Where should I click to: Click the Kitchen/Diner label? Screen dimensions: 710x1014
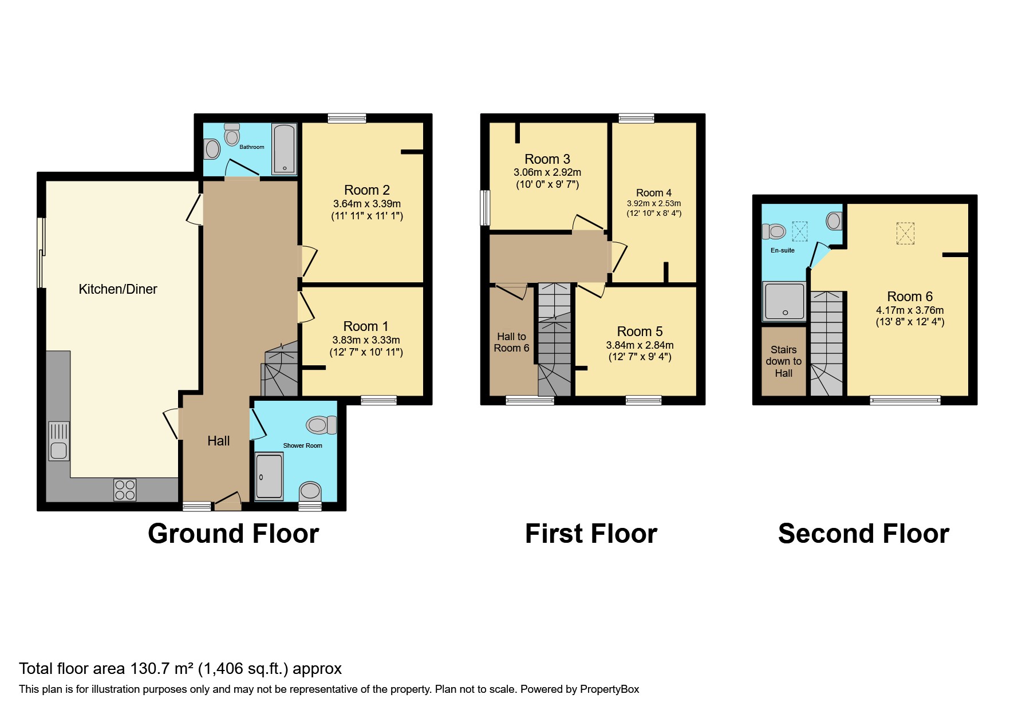[x=117, y=289]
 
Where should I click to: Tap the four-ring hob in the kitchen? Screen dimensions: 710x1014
[x=125, y=490]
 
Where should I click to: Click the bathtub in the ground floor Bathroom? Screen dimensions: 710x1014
[x=284, y=149]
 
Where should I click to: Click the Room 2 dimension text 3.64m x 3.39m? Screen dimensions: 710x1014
[x=366, y=204]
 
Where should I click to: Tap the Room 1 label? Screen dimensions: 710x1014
[x=365, y=326]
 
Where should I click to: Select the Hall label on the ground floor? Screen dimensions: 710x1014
[x=218, y=441]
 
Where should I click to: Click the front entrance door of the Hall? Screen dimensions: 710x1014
[x=228, y=502]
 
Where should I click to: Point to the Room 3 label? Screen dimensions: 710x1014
[x=547, y=159]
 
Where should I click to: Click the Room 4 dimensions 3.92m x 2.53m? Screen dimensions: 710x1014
[x=653, y=203]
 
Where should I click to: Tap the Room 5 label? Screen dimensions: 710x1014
[x=640, y=332]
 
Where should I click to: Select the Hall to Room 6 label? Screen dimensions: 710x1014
[x=511, y=342]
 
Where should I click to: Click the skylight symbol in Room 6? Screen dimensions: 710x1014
[x=905, y=234]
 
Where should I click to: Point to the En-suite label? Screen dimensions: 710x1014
[x=782, y=250]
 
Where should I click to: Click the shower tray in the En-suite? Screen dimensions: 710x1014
[x=784, y=301]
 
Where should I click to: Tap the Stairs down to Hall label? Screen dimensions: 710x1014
[x=783, y=361]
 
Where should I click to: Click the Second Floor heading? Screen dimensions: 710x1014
[x=863, y=534]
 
